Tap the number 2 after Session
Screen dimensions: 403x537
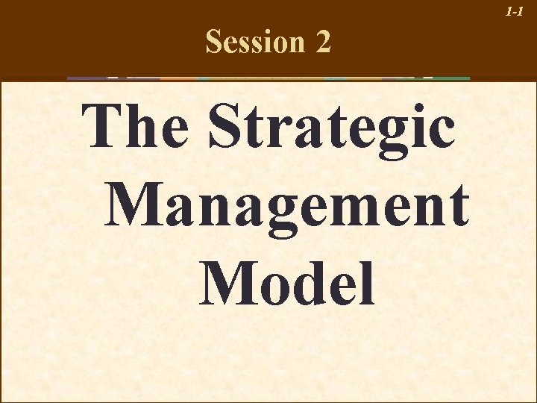pos(323,43)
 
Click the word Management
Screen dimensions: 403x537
pos(287,204)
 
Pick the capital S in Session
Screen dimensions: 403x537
pos(215,43)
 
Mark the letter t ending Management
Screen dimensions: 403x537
pos(458,206)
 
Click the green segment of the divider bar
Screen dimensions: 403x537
pos(451,78)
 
